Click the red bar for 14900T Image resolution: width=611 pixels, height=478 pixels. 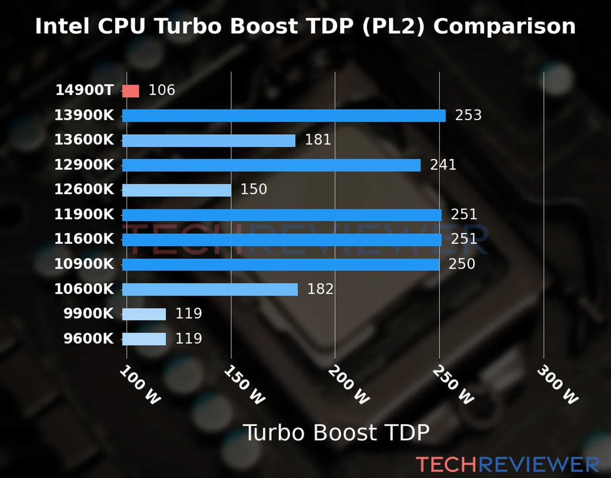click(x=130, y=91)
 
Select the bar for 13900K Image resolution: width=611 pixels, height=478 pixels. click(x=284, y=116)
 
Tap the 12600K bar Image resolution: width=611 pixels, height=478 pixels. click(x=177, y=190)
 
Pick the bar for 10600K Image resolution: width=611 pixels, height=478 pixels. click(x=210, y=289)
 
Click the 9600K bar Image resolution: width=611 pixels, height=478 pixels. click(x=144, y=339)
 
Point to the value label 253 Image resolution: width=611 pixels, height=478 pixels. click(x=468, y=115)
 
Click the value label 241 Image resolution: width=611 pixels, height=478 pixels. click(x=443, y=165)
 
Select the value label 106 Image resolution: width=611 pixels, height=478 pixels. click(x=162, y=90)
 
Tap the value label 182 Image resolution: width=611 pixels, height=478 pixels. click(x=320, y=289)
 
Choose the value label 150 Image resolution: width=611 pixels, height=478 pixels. click(x=253, y=189)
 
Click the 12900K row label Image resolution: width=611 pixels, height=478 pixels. click(x=84, y=165)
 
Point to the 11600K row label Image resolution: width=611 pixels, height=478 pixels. click(x=84, y=239)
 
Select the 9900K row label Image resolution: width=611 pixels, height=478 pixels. click(x=89, y=313)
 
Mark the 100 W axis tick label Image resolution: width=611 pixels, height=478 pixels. click(x=140, y=385)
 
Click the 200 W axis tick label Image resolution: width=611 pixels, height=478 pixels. click(x=349, y=385)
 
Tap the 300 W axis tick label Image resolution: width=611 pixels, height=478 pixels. click(x=557, y=385)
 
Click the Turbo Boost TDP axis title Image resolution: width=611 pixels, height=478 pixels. click(x=336, y=433)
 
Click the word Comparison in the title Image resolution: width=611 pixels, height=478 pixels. click(x=504, y=26)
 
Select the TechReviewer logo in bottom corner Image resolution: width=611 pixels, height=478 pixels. click(x=507, y=464)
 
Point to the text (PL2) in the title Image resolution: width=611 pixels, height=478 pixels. click(x=393, y=26)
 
